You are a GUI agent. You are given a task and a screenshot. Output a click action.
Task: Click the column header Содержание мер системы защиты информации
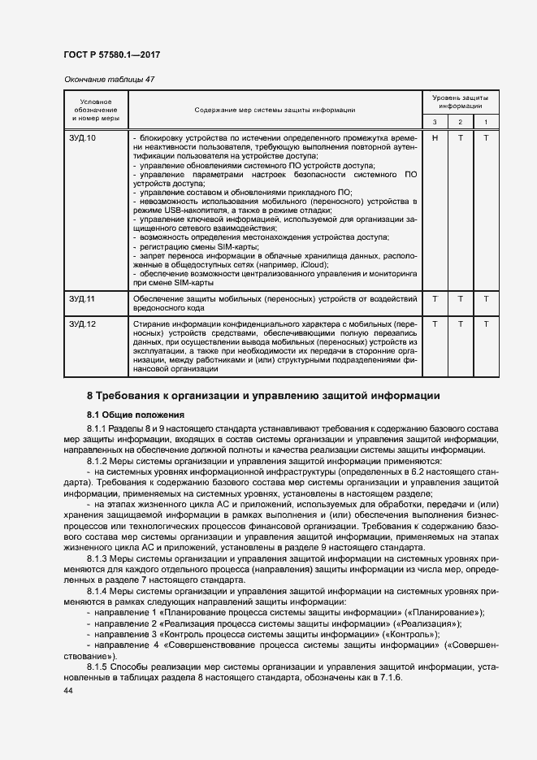275,109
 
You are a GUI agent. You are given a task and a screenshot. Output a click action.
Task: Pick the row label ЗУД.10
82,138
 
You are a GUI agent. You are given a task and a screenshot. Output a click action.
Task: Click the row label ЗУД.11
82,300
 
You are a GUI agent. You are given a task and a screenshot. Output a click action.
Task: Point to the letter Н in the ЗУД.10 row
435,138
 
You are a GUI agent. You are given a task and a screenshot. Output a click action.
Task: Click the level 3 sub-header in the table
435,122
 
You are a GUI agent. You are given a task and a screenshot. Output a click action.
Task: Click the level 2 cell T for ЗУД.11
461,300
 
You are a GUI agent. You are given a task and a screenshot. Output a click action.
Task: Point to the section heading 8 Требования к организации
264,396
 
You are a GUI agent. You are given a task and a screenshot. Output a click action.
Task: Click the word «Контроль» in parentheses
413,633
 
